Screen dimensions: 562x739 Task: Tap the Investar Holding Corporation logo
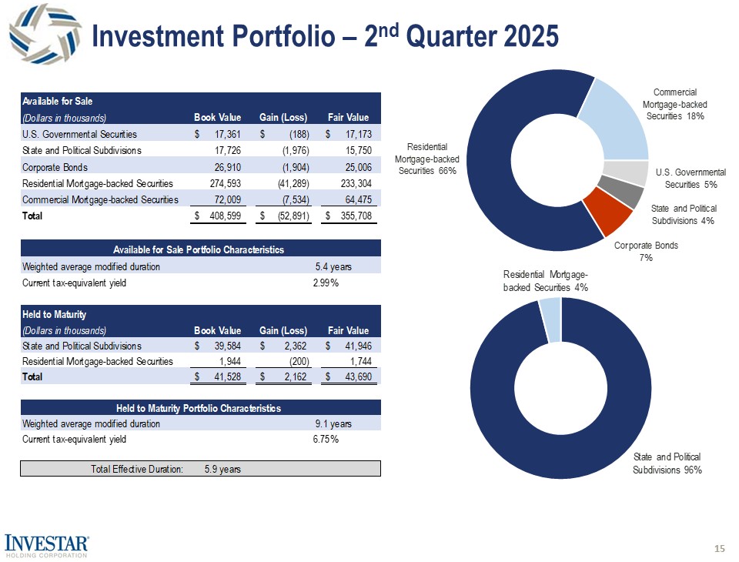[x=47, y=544]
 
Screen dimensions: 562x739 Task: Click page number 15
[x=720, y=548]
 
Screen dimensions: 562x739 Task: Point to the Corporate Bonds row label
[x=55, y=167]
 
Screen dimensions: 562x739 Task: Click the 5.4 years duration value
[x=333, y=266]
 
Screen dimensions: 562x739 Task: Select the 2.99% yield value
[x=326, y=283]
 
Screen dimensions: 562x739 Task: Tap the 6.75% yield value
[x=326, y=440]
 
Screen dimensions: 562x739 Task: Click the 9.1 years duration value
[x=333, y=423]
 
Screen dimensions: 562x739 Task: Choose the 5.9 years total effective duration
[x=222, y=470]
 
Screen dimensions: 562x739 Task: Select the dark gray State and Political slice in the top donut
[x=630, y=192]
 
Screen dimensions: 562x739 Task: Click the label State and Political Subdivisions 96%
[x=667, y=463]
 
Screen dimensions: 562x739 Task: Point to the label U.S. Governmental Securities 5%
[x=690, y=179]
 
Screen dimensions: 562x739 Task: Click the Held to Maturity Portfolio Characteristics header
[x=199, y=407]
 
